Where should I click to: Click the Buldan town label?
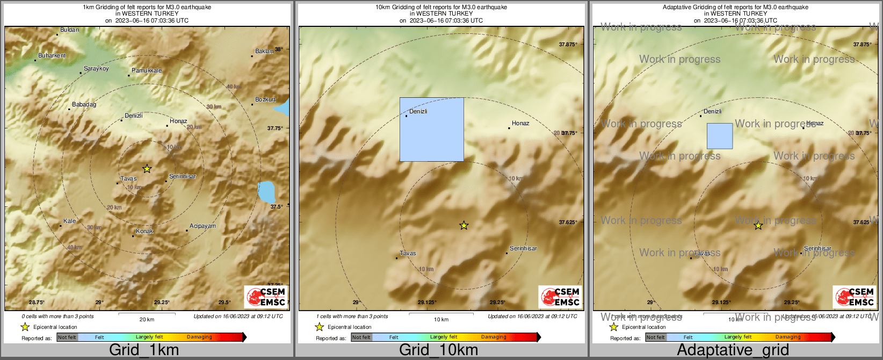[x=69, y=30]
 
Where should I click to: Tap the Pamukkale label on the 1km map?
[x=147, y=70]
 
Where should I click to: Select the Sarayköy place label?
[x=96, y=69]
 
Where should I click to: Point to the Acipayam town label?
[x=202, y=226]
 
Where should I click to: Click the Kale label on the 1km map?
[x=69, y=221]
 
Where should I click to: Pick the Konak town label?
[x=144, y=232]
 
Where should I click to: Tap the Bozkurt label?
[x=265, y=100]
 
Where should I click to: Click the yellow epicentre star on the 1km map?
[x=147, y=169]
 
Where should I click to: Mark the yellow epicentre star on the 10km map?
[x=464, y=226]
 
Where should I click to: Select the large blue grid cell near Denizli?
[x=431, y=129]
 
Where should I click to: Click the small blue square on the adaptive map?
[x=719, y=136]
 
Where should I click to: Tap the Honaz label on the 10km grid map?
[x=520, y=123]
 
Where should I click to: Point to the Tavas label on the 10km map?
[x=408, y=253]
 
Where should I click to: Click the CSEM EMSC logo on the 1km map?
[x=266, y=297]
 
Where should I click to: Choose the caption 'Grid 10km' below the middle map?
[x=438, y=350]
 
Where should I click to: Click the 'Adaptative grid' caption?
[x=733, y=350]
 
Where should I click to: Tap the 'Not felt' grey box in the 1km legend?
[x=67, y=337]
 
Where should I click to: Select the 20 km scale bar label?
[x=147, y=320]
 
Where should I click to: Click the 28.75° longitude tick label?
[x=37, y=303]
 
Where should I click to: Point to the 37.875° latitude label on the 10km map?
[x=568, y=45]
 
